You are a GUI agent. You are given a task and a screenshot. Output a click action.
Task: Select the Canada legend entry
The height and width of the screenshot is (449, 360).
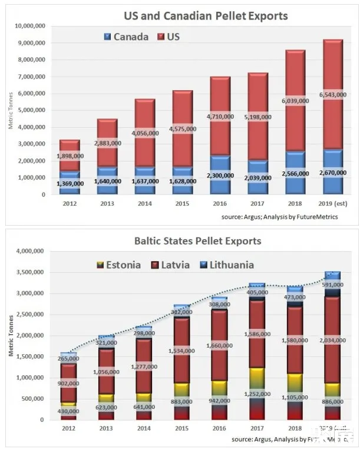pyautogui.click(x=125, y=37)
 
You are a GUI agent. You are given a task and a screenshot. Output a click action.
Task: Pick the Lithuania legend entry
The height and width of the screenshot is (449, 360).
pyautogui.click(x=226, y=265)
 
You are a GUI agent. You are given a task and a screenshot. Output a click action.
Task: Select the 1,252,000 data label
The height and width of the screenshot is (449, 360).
pyautogui.click(x=257, y=394)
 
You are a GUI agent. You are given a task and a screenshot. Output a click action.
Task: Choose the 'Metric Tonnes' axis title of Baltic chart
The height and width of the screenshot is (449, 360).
pyautogui.click(x=11, y=336)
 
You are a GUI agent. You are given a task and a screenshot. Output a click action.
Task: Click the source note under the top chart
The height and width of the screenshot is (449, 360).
pyautogui.click(x=279, y=217)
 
